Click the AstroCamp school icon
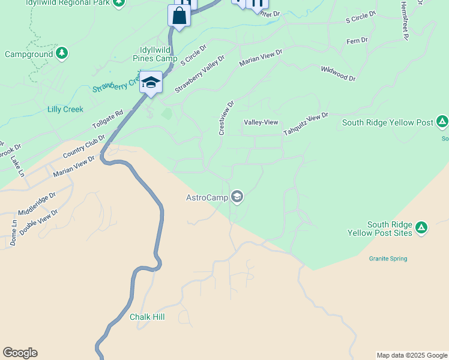pyautogui.click(x=238, y=197)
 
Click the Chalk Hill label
pyautogui.click(x=147, y=317)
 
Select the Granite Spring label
pyautogui.click(x=388, y=259)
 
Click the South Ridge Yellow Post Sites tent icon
pyautogui.click(x=421, y=227)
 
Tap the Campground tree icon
pyautogui.click(x=62, y=54)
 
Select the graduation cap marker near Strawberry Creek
pyautogui.click(x=151, y=83)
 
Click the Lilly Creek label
pyautogui.click(x=65, y=110)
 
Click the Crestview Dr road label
pyautogui.click(x=226, y=118)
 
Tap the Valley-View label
pyautogui.click(x=261, y=122)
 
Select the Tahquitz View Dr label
pyautogui.click(x=306, y=124)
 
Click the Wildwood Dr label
pyautogui.click(x=338, y=74)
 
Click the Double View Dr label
pyautogui.click(x=38, y=221)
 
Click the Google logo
pyautogui.click(x=20, y=353)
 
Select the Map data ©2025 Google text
pyautogui.click(x=412, y=355)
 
